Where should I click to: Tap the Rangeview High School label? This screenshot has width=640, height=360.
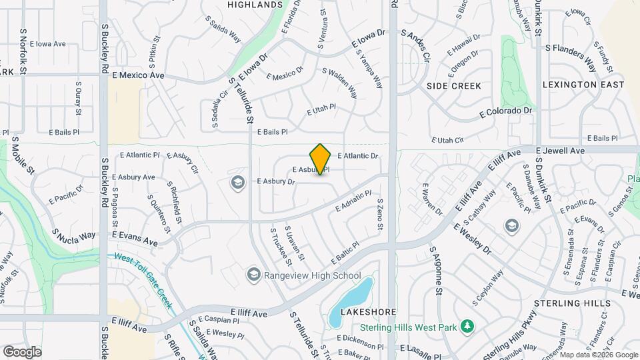pyautogui.click(x=313, y=275)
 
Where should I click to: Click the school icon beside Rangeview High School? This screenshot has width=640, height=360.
pyautogui.click(x=253, y=275)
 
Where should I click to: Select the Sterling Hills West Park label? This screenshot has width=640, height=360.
pyautogui.click(x=410, y=327)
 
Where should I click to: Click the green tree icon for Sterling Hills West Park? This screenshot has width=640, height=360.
pyautogui.click(x=469, y=326)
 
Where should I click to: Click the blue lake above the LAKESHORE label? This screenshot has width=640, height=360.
pyautogui.click(x=354, y=296)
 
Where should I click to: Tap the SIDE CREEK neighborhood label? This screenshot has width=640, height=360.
pyautogui.click(x=455, y=86)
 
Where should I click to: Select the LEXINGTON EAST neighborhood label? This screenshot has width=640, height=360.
pyautogui.click(x=583, y=85)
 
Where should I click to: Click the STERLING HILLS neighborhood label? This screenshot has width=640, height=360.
pyautogui.click(x=576, y=303)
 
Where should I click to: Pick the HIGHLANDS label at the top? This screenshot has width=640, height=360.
pyautogui.click(x=255, y=5)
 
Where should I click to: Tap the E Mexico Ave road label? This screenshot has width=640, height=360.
pyautogui.click(x=138, y=76)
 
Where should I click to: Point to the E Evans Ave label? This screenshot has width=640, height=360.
pyautogui.click(x=135, y=235)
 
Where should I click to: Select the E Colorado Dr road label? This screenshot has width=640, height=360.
pyautogui.click(x=507, y=112)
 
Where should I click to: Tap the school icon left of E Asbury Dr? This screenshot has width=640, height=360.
pyautogui.click(x=237, y=182)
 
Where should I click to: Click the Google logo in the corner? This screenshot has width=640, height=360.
pyautogui.click(x=22, y=351)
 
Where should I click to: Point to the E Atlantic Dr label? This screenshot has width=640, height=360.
pyautogui.click(x=357, y=156)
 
